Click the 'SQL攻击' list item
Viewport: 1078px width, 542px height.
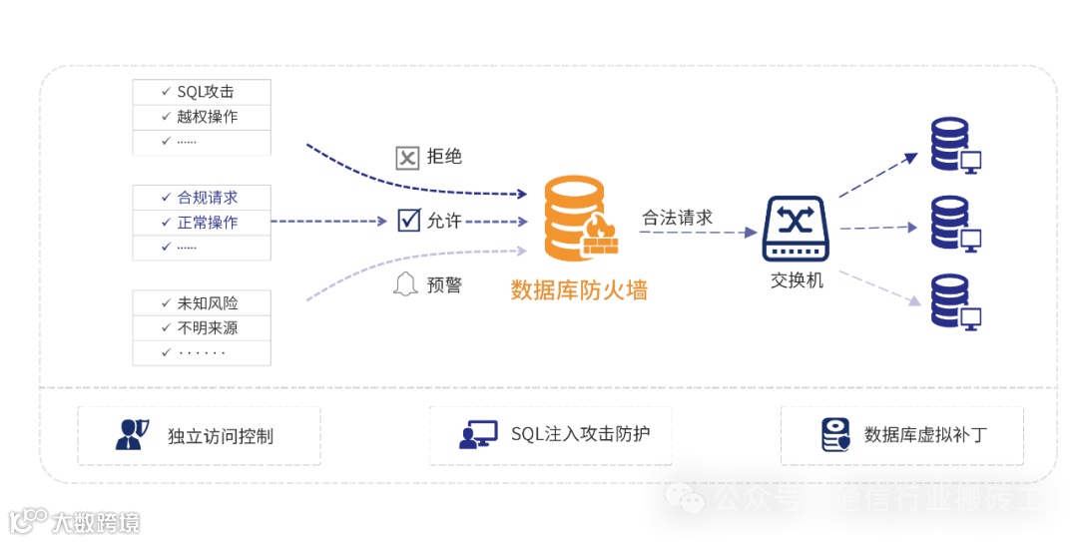click(206, 92)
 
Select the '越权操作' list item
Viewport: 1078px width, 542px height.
click(208, 117)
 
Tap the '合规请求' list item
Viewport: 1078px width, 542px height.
click(208, 197)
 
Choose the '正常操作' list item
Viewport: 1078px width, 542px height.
click(208, 222)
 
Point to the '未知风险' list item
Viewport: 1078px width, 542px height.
click(208, 302)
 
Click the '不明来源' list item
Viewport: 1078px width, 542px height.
click(208, 327)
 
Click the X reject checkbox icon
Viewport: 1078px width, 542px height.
click(407, 158)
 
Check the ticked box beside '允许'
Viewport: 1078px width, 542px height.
click(408, 220)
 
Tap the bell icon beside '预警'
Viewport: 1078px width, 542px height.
click(405, 284)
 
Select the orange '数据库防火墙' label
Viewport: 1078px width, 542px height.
click(579, 290)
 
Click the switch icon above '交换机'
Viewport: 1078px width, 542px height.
click(797, 229)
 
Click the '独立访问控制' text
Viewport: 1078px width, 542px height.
click(221, 436)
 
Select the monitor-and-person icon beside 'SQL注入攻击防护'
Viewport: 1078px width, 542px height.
click(478, 434)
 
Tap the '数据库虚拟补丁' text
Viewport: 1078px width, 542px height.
click(927, 435)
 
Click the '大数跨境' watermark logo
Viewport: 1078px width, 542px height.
click(75, 521)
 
